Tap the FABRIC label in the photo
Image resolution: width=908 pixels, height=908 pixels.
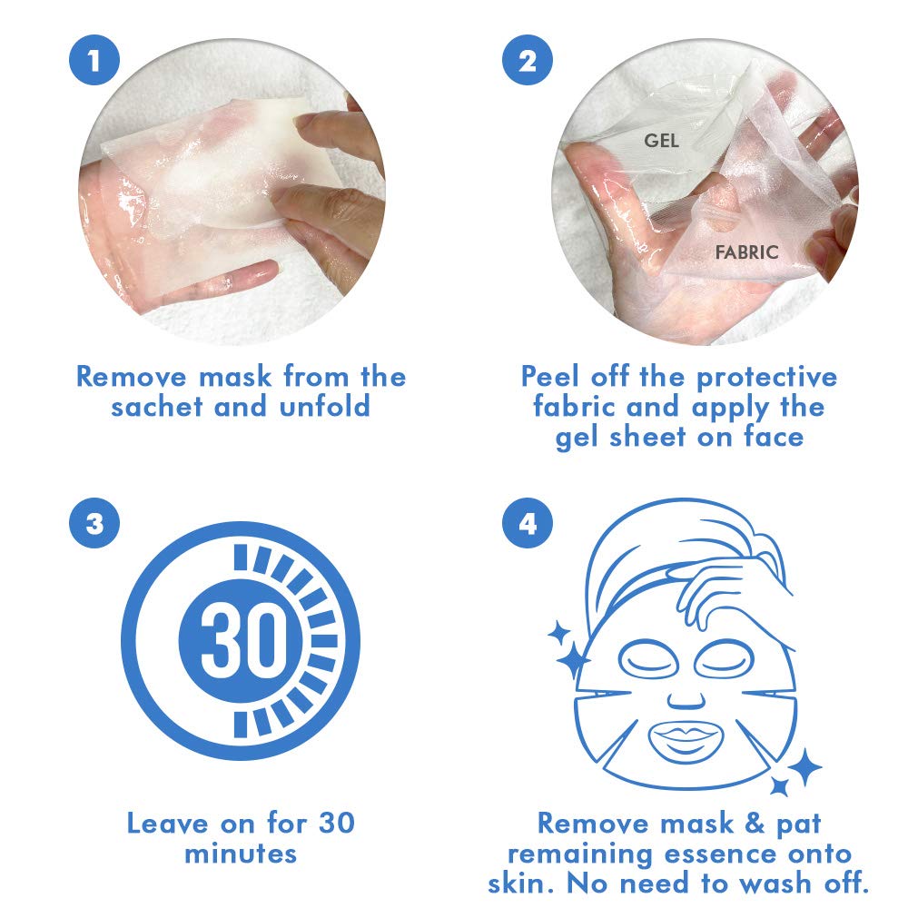point(747,252)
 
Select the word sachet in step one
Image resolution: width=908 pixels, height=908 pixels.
point(157,406)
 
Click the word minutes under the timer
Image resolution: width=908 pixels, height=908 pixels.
point(241,854)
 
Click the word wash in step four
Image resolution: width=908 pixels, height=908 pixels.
point(765,883)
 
